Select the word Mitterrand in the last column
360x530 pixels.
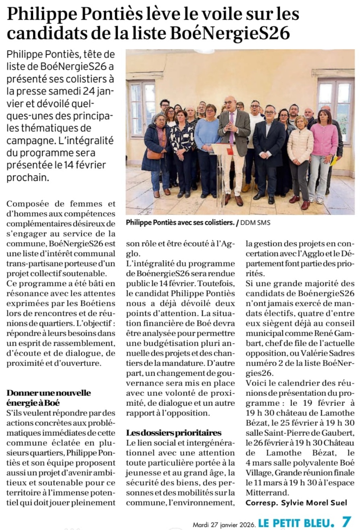264,492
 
